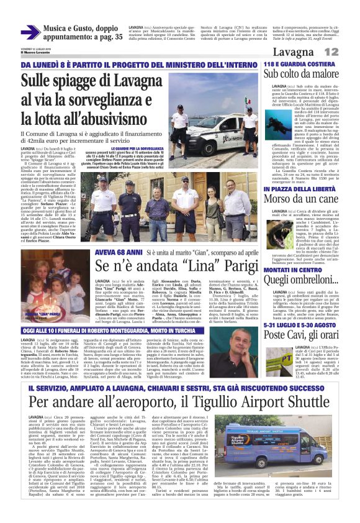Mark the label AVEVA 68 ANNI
click(117, 252)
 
